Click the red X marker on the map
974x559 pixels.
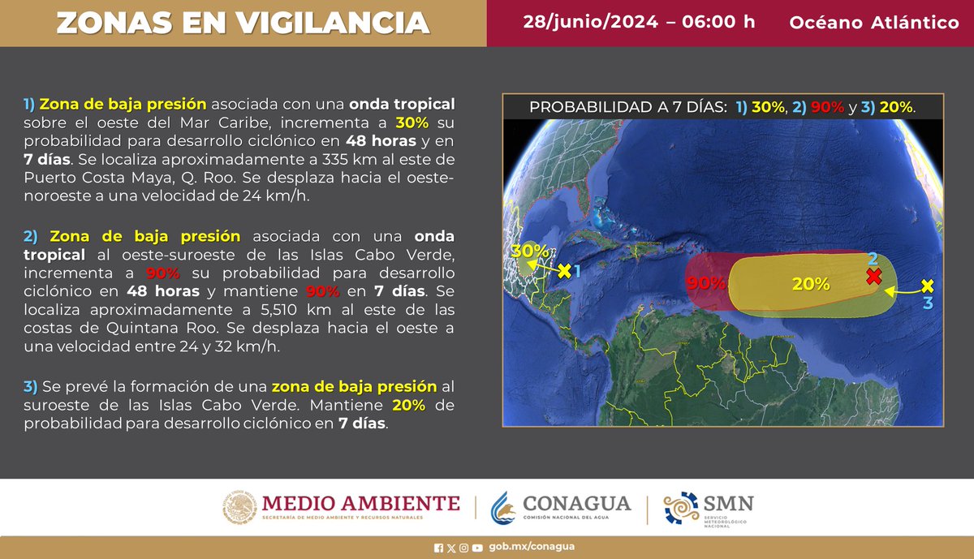click(873, 276)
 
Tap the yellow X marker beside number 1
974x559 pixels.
click(564, 269)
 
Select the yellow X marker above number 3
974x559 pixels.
click(929, 286)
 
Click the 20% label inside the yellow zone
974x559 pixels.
click(811, 284)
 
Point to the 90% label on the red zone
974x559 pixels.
click(705, 284)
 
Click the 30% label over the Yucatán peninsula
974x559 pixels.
click(529, 252)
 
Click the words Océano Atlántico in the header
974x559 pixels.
click(874, 23)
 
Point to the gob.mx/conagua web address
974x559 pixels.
click(532, 547)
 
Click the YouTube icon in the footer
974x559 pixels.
click(477, 548)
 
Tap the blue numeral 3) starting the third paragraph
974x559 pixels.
click(30, 385)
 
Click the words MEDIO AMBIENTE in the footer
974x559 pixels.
click(360, 502)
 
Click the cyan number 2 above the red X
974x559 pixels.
click(873, 259)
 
